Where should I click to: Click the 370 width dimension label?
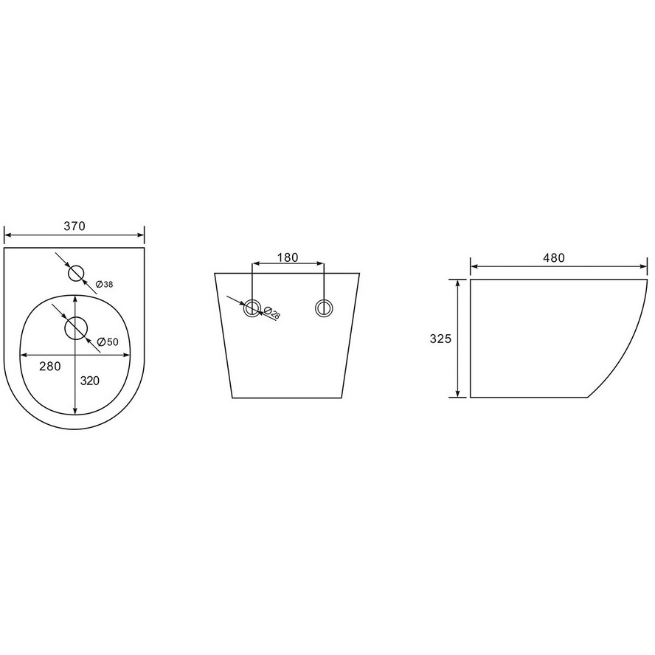tap(74, 226)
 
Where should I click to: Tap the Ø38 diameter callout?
tap(104, 285)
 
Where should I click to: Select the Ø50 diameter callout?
tap(108, 342)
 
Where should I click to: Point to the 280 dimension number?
tap(50, 367)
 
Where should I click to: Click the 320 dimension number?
tap(90, 381)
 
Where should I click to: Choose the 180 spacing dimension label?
tap(288, 257)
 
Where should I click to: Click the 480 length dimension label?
tap(554, 257)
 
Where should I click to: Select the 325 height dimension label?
tap(440, 339)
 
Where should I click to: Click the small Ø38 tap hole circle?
tap(76, 274)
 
